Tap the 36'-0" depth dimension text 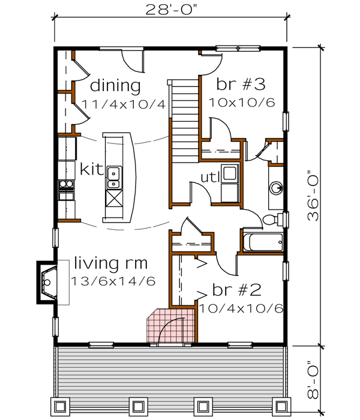click(x=316, y=201)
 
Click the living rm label click(x=111, y=263)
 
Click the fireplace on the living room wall click(x=48, y=279)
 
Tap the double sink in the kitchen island click(x=113, y=176)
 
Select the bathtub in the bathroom click(x=262, y=242)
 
